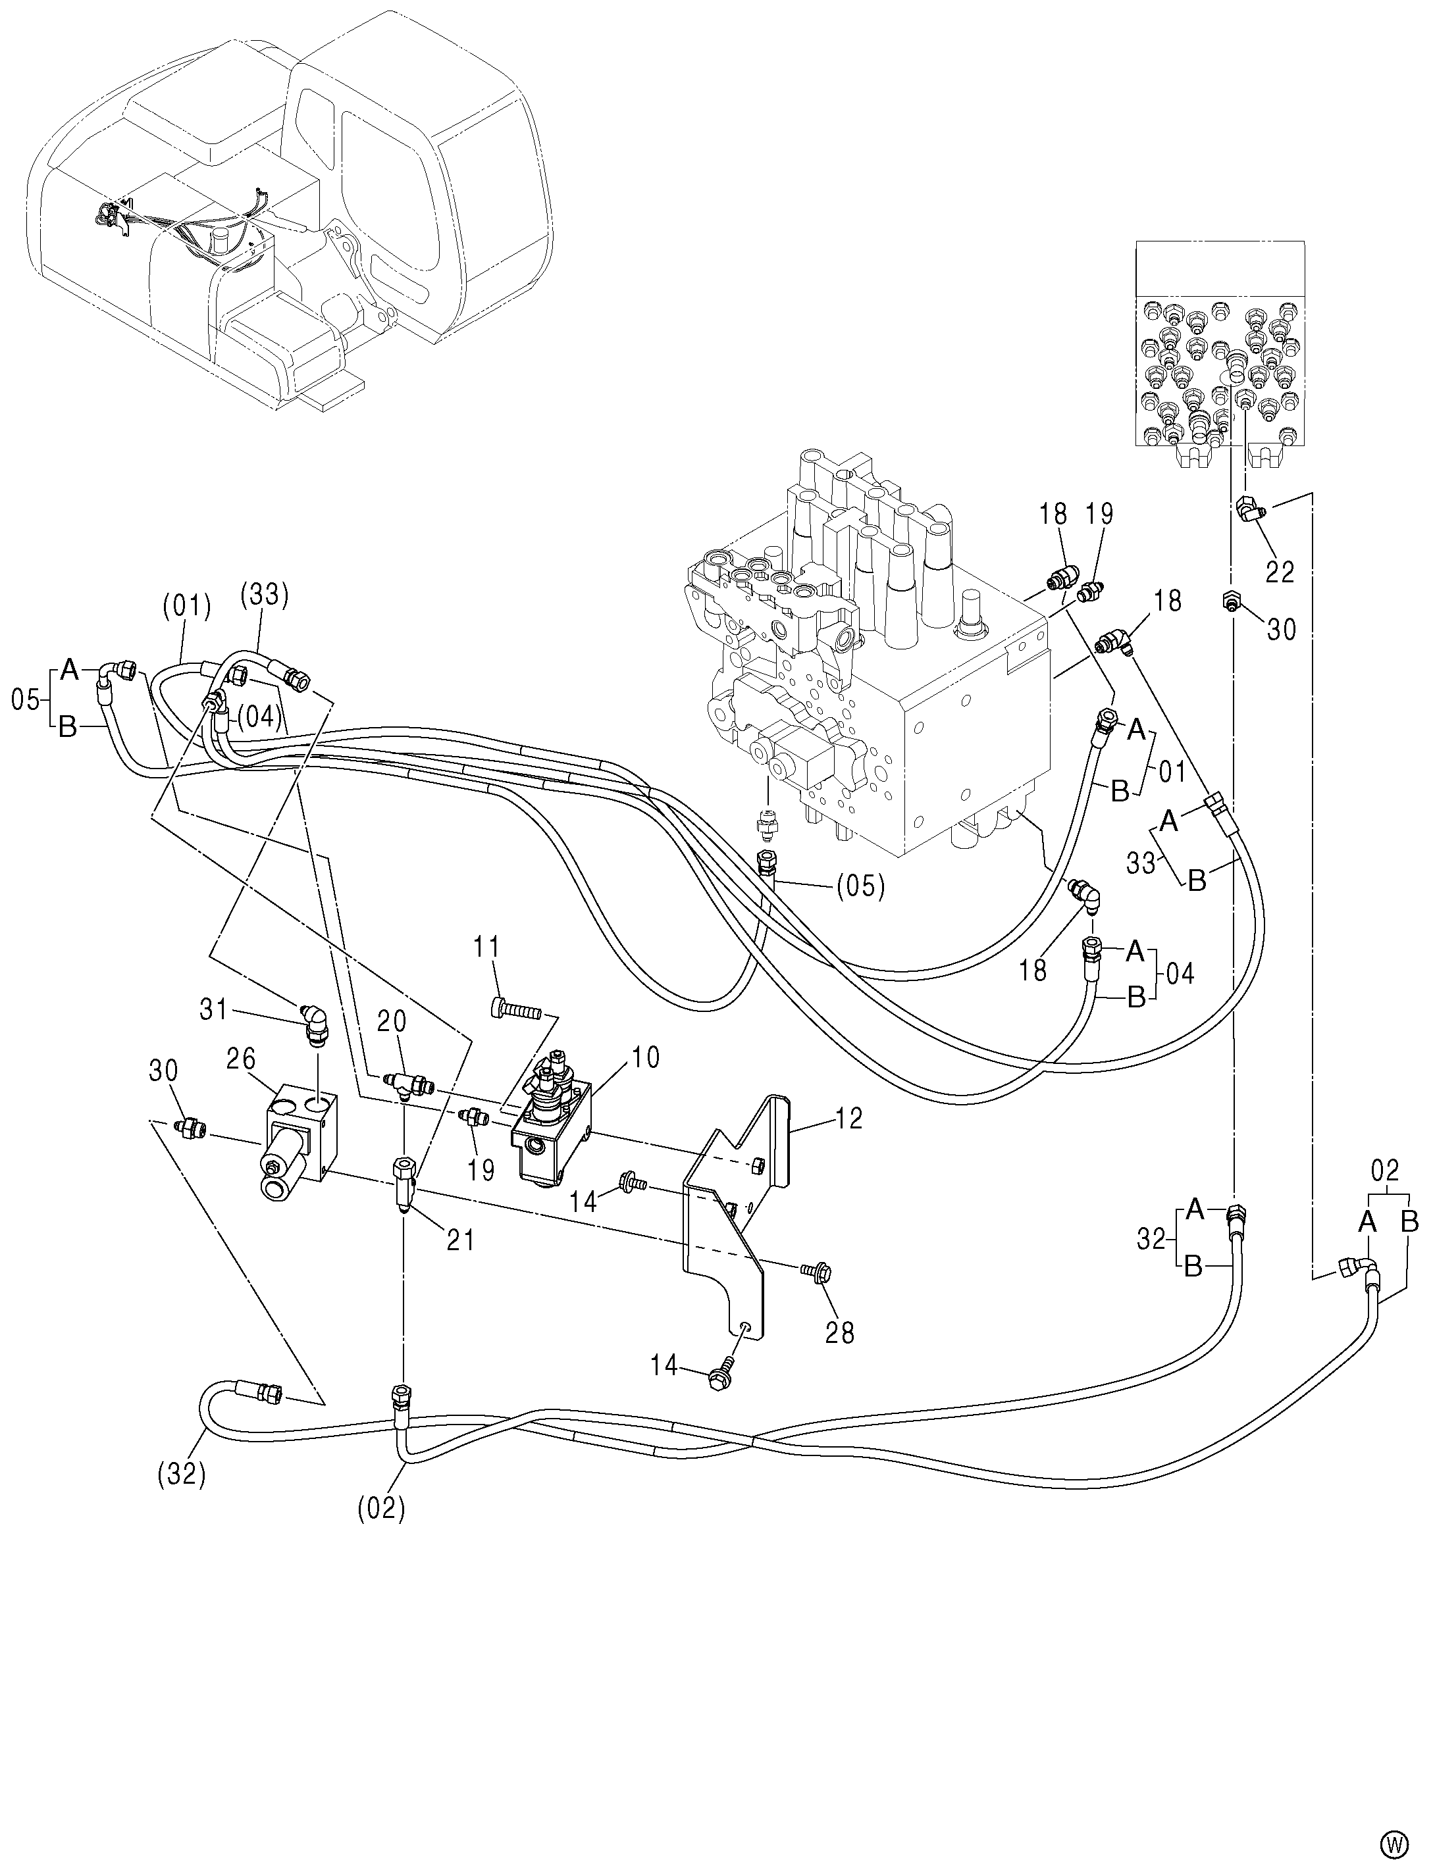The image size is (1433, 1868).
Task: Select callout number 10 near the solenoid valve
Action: click(645, 1057)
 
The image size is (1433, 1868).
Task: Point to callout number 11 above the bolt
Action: click(488, 947)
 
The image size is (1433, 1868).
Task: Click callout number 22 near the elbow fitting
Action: click(1280, 572)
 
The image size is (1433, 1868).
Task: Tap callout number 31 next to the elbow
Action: click(213, 1009)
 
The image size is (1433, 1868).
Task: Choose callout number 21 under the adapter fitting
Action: click(461, 1240)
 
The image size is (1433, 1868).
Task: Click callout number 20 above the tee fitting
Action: click(393, 1021)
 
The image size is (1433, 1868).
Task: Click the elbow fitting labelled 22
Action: click(1251, 510)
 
